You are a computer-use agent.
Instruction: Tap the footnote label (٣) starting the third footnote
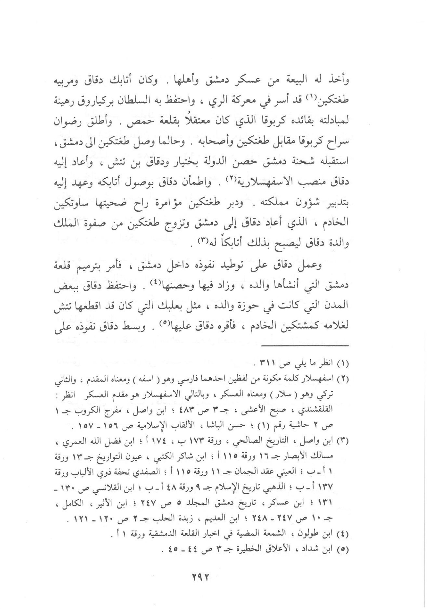pos(344,441)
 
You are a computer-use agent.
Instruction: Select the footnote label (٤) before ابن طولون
pos(344,534)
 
